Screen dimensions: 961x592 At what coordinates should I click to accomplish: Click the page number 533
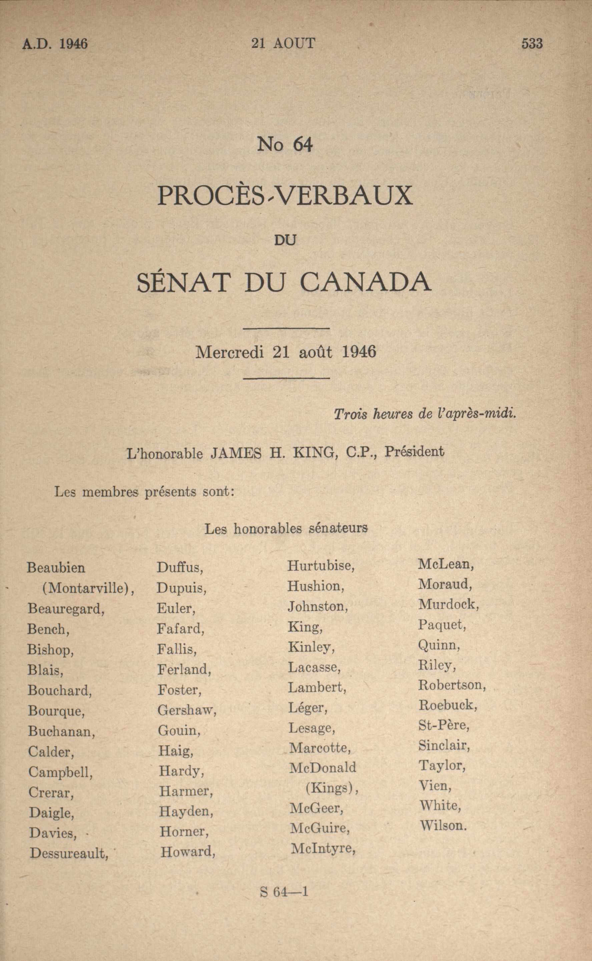pos(532,43)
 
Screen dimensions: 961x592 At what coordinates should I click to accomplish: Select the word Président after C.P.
pos(414,452)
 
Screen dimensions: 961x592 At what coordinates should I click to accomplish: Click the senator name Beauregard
pos(66,609)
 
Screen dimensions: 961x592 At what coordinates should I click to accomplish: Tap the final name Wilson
pos(443,826)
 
